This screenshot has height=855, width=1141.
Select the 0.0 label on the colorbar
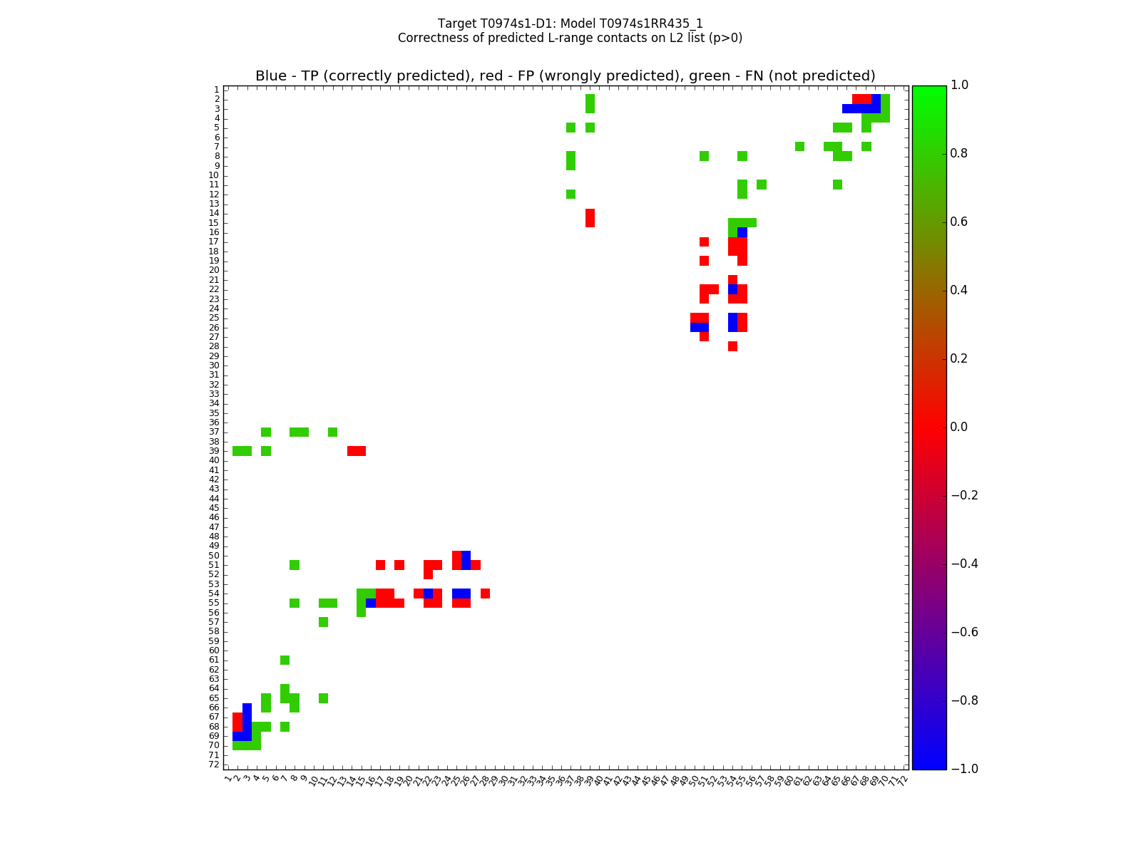[960, 427]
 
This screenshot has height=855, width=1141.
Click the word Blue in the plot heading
[271, 76]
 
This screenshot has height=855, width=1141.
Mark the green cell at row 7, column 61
[799, 147]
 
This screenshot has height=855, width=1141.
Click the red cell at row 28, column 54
[732, 346]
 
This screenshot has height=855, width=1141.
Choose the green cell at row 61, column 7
[285, 660]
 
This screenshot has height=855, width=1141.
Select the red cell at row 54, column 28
[485, 594]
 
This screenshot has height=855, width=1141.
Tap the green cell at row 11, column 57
[762, 185]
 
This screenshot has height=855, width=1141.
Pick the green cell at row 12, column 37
[570, 194]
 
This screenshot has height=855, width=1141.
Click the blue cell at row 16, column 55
[742, 232]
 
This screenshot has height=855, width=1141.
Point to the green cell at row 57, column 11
[323, 622]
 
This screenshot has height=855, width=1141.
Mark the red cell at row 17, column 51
[704, 242]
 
